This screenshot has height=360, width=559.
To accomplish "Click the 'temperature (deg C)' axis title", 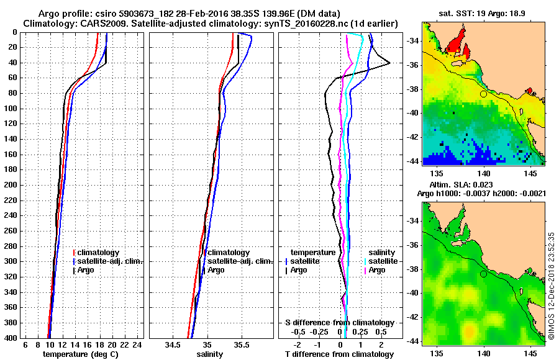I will [80, 354].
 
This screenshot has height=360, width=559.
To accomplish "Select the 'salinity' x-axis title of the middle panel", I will [209, 354].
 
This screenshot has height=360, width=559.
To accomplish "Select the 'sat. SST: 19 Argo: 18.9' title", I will [483, 12].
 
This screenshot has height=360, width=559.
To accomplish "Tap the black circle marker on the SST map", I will [483, 94].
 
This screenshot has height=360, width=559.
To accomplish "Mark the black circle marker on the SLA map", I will [483, 274].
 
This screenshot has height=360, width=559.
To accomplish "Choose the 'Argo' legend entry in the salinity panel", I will [216, 270].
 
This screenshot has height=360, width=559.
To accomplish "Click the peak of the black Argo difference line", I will [389, 63].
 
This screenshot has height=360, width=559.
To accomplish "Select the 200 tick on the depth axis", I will [11, 185].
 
